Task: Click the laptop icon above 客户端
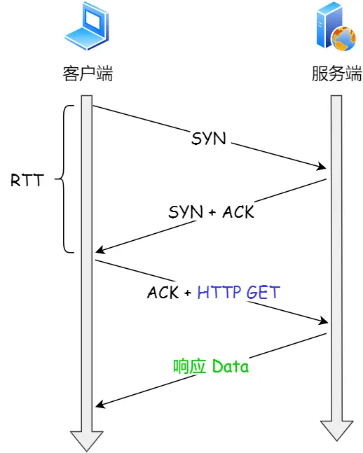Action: [x=87, y=26]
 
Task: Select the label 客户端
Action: [x=87, y=74]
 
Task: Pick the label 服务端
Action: [x=337, y=74]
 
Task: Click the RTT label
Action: [x=26, y=180]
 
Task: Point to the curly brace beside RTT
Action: [x=65, y=179]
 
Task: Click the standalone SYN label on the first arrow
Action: [x=209, y=138]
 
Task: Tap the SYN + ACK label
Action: [x=211, y=211]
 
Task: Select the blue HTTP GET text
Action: [x=238, y=292]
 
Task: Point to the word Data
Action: [x=231, y=366]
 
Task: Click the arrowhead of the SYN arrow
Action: [x=323, y=167]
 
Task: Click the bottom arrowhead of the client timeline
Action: [x=87, y=442]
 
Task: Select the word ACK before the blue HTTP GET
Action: [x=163, y=292]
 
